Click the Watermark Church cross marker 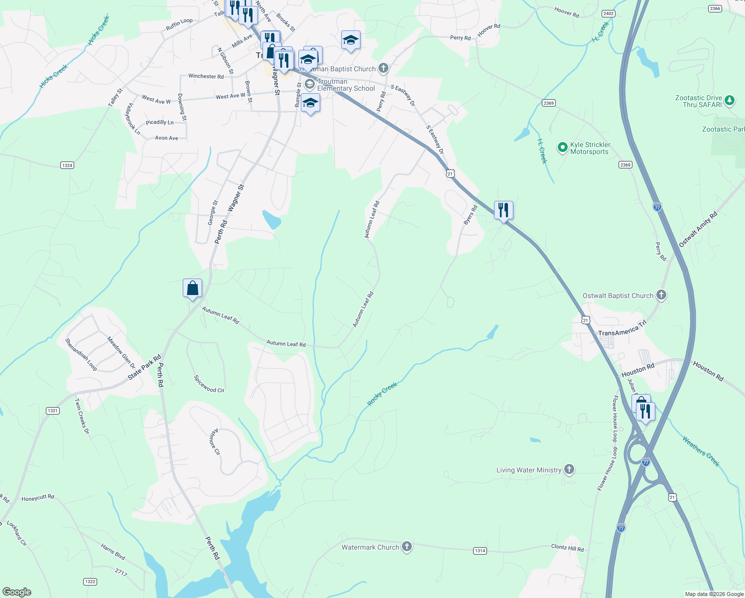(x=407, y=547)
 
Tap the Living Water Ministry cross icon (x=569, y=469)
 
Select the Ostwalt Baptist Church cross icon (x=661, y=295)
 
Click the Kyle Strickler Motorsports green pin (x=562, y=148)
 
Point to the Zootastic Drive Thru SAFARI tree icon (x=730, y=101)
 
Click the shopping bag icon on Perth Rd (x=192, y=289)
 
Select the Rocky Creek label (x=382, y=394)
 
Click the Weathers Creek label (x=701, y=451)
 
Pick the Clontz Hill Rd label (x=567, y=548)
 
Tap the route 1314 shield (x=480, y=551)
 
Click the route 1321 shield (x=53, y=411)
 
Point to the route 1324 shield (x=67, y=165)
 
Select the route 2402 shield (x=608, y=13)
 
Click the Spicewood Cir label (x=209, y=384)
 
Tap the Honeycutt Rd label (x=38, y=498)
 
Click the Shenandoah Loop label (x=81, y=354)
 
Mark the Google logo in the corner (x=16, y=592)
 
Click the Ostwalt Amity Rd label (x=698, y=229)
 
